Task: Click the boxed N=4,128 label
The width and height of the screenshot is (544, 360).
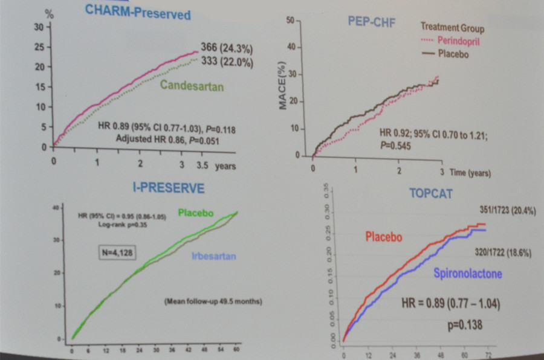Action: (117, 252)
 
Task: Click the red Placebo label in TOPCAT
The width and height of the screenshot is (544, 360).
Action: (383, 237)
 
